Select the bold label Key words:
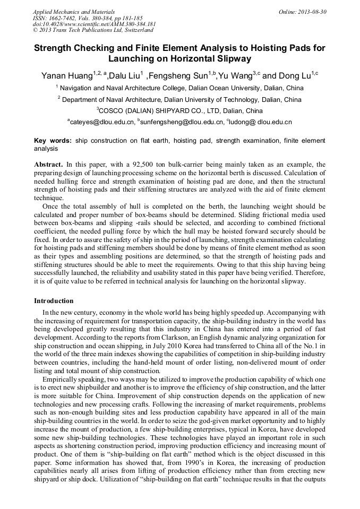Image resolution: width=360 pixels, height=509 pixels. tap(53, 141)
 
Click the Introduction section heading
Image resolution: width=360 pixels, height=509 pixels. tap(54, 301)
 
